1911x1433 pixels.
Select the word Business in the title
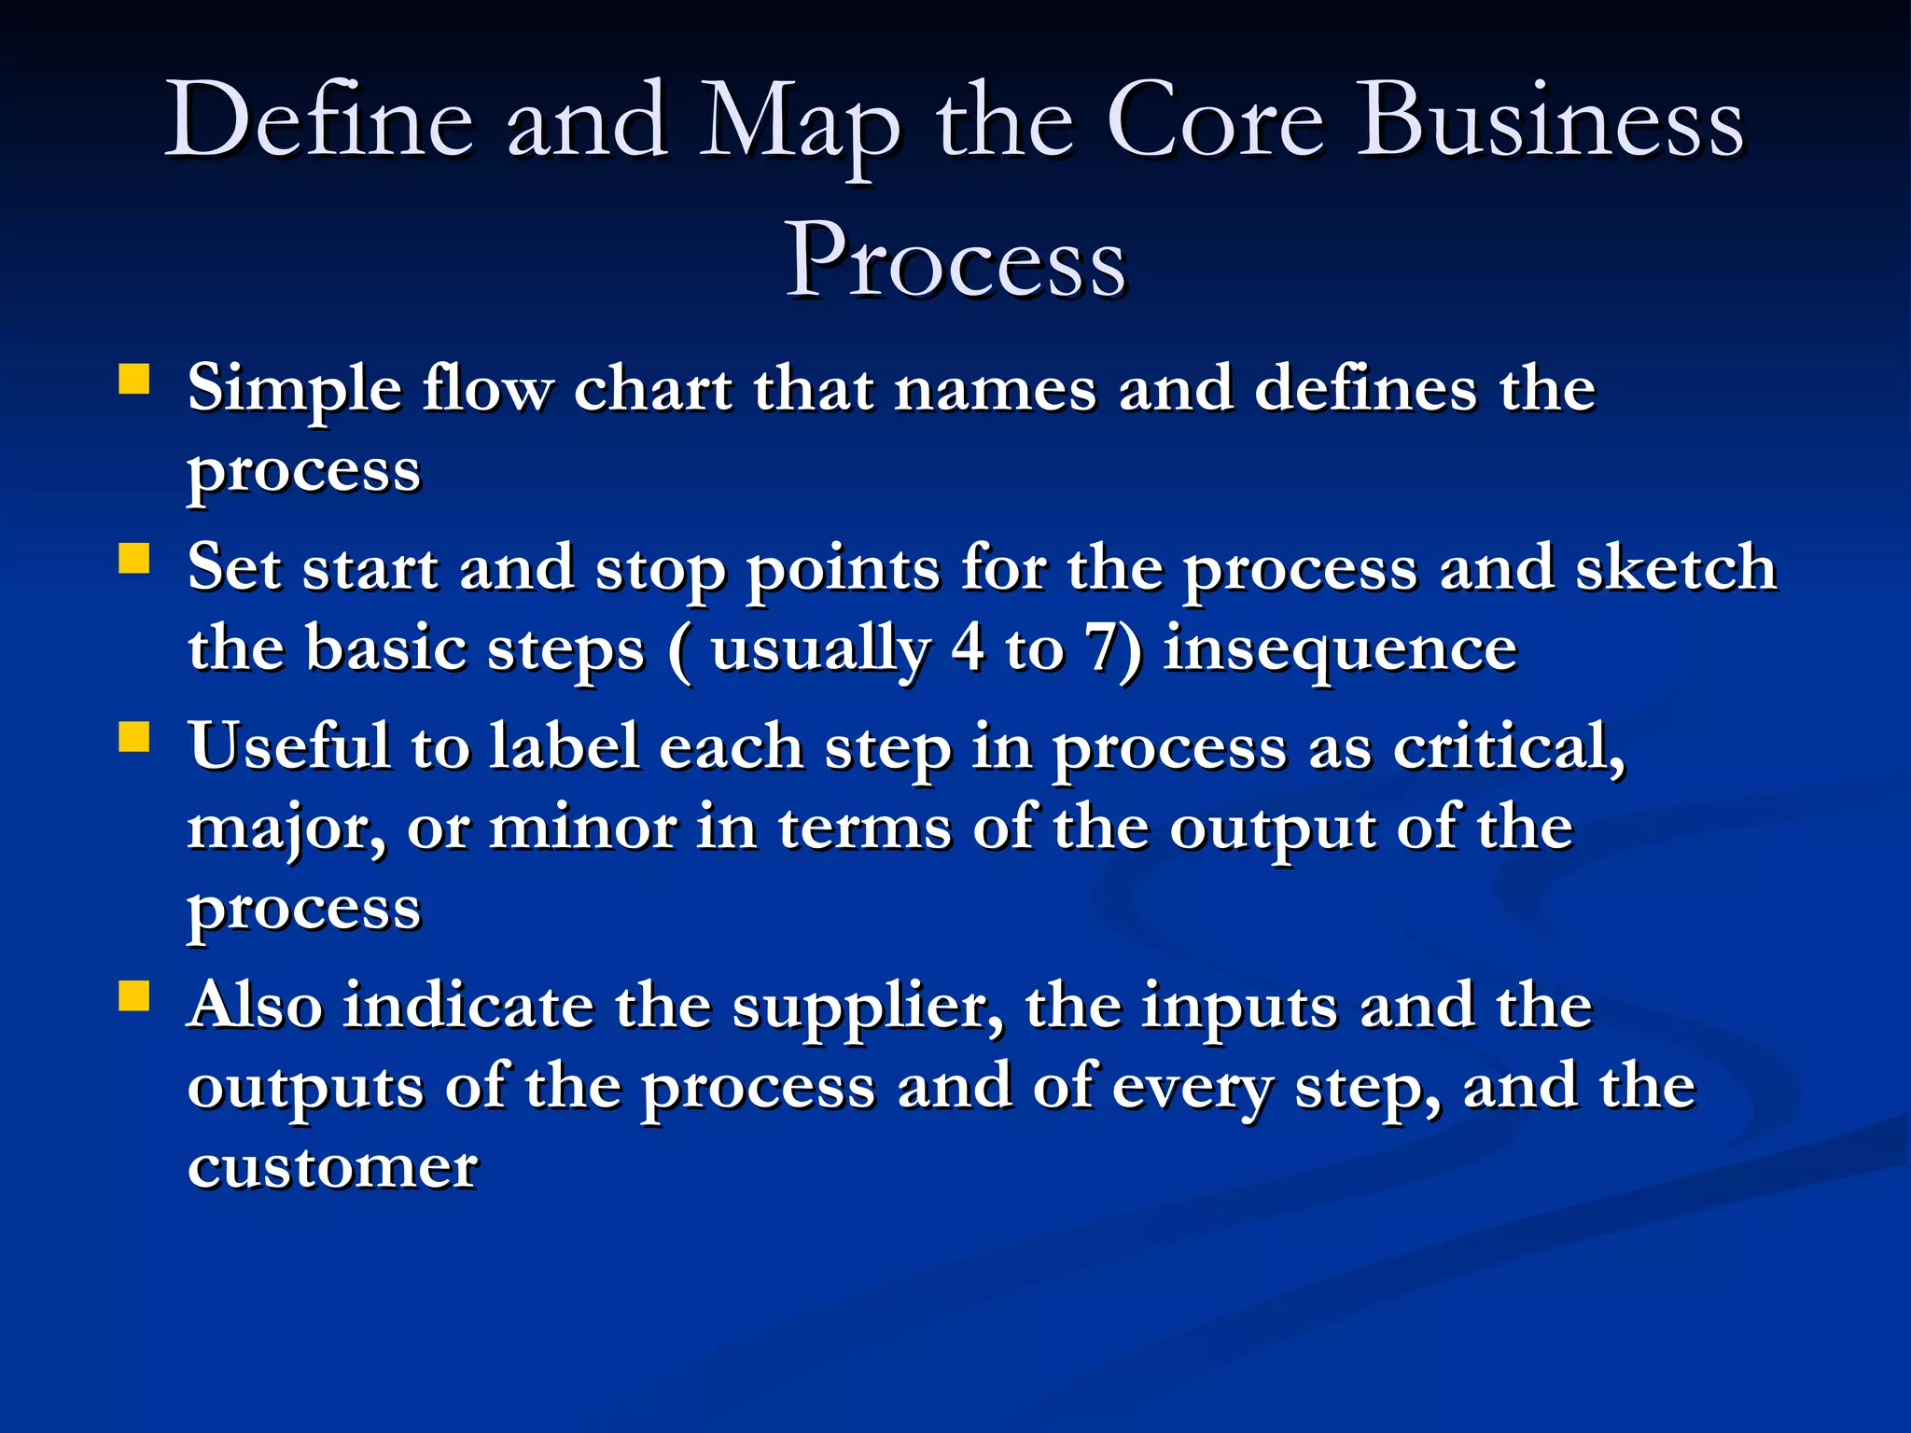coord(1548,121)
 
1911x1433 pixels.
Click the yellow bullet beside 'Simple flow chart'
coord(134,381)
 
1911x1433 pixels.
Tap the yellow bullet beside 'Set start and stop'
coord(134,559)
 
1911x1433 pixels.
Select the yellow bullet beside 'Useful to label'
coord(134,738)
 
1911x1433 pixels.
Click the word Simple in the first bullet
coord(295,390)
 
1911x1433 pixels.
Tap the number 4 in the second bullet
coord(968,647)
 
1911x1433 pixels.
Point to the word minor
coord(583,828)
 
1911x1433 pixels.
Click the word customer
coord(332,1167)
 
